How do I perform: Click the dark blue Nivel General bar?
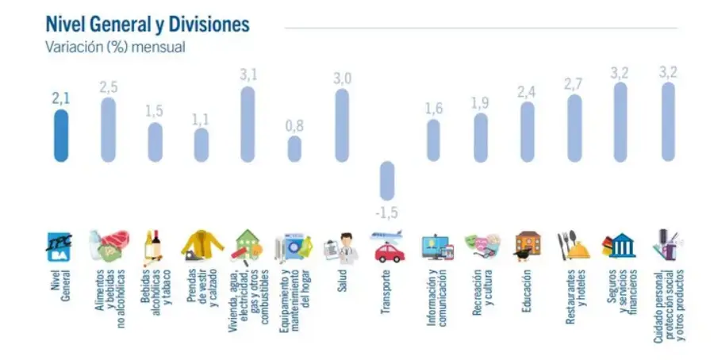click(61, 135)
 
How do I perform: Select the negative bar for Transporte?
click(386, 180)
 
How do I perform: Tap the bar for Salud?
click(341, 124)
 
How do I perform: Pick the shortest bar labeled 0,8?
click(294, 148)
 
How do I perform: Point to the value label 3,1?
click(248, 75)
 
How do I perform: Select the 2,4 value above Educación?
click(527, 92)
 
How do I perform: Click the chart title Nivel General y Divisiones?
click(148, 24)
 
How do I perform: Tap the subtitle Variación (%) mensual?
click(116, 47)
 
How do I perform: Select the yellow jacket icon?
click(202, 247)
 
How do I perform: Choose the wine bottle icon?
click(154, 247)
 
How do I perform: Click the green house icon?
click(248, 247)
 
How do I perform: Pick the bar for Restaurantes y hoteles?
click(574, 128)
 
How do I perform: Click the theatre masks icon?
click(482, 247)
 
